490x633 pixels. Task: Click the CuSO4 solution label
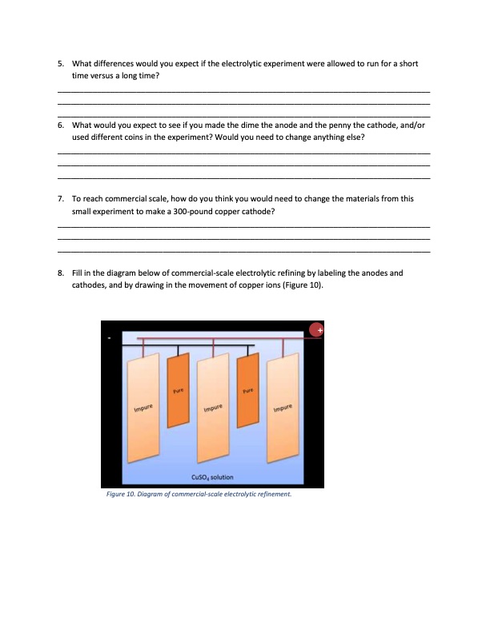(x=212, y=476)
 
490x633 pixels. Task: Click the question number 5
(x=61, y=62)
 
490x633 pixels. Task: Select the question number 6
(x=61, y=126)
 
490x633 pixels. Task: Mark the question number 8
(x=61, y=273)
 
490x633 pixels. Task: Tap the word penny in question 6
(x=332, y=126)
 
